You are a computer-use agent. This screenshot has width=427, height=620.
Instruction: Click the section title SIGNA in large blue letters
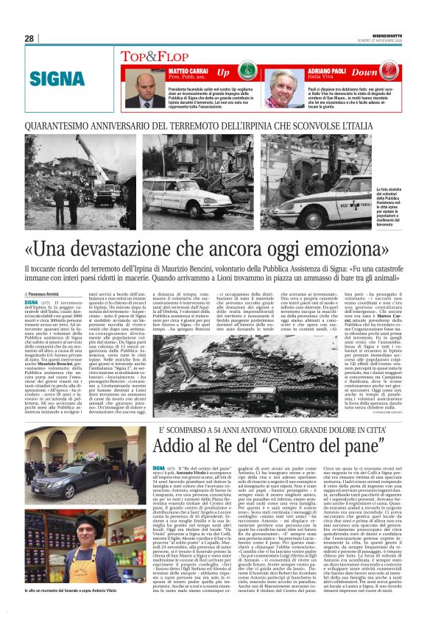tap(57, 77)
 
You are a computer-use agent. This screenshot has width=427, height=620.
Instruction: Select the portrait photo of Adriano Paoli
tap(284, 90)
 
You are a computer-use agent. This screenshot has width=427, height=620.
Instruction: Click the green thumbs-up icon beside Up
tap(244, 73)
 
